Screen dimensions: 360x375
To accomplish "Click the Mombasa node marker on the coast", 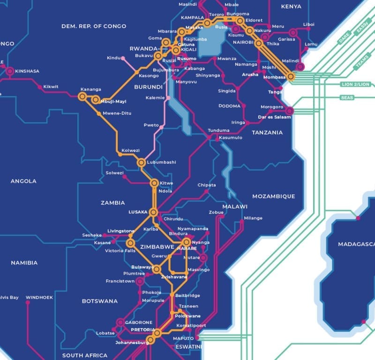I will click(291, 76).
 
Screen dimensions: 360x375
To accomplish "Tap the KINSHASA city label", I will click(27, 71).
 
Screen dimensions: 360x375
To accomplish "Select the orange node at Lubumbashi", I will click(141, 162).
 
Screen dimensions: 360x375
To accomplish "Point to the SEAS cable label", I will click(347, 97).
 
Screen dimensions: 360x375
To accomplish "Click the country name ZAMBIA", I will click(113, 203).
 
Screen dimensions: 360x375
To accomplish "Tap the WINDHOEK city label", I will click(39, 297).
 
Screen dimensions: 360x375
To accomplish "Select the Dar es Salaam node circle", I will click(290, 111).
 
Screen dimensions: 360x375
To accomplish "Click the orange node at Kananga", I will click(82, 96).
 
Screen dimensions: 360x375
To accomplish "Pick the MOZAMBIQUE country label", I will click(273, 196).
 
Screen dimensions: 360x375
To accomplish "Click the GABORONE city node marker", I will click(120, 322).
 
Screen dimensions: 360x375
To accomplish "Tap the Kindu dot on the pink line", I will click(123, 58).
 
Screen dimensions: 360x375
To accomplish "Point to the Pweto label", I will click(151, 125).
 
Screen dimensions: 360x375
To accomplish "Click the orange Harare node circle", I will click(187, 242).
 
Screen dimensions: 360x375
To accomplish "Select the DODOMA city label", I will click(229, 106).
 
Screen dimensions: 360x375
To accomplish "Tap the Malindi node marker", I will click(299, 67).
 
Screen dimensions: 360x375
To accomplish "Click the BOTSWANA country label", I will click(99, 301).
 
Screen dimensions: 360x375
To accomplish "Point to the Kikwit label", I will click(51, 87).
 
